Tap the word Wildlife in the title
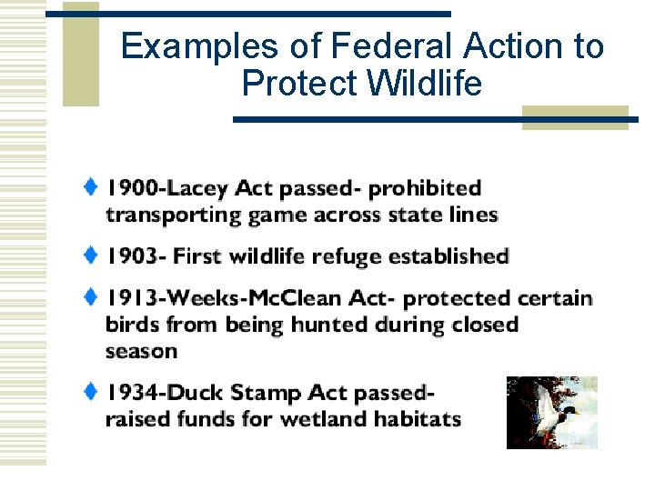tap(425, 84)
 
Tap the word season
tap(141, 352)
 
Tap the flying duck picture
tap(551, 412)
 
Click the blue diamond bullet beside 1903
tap(91, 255)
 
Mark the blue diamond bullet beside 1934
tap(91, 391)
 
